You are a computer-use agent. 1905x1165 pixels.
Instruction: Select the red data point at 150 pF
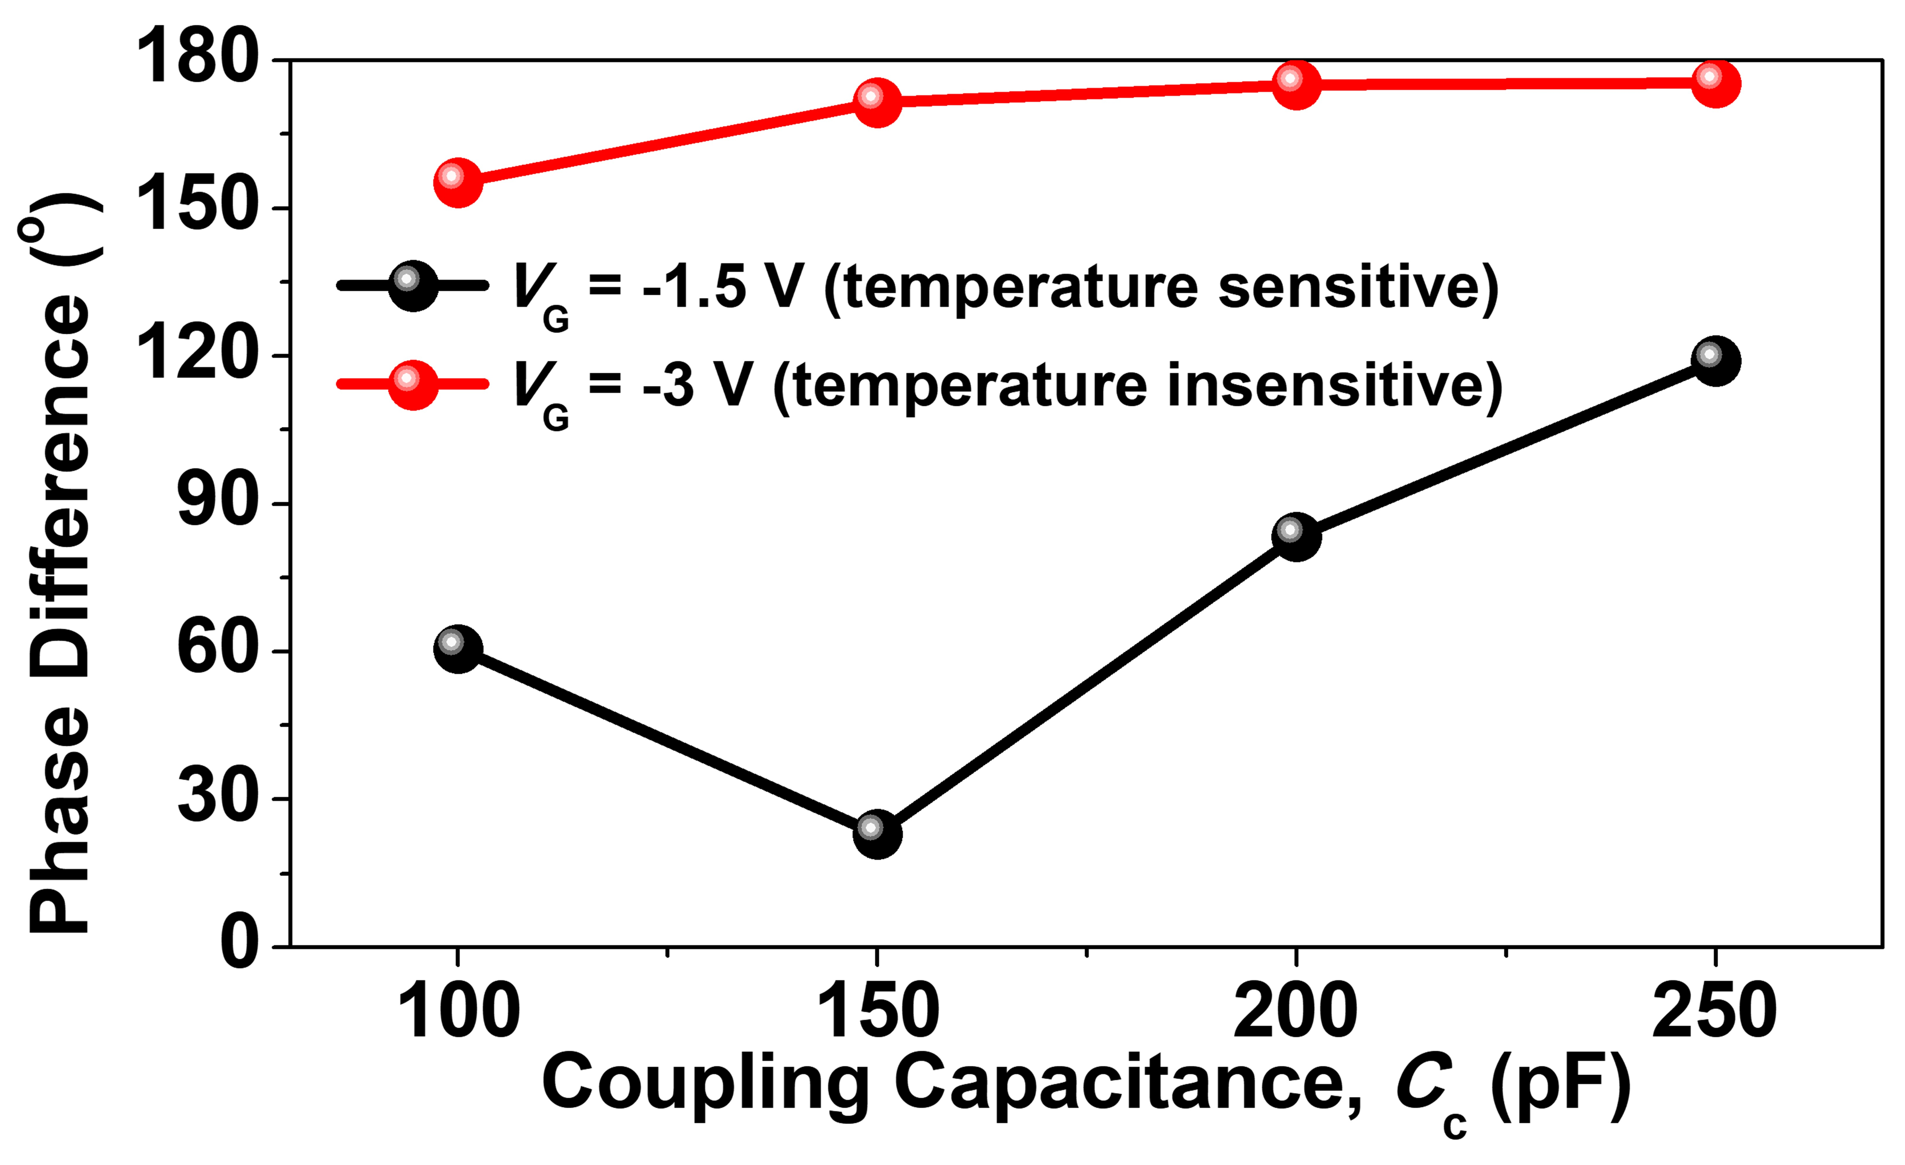(877, 101)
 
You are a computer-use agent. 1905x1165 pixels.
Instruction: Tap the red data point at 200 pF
(1296, 84)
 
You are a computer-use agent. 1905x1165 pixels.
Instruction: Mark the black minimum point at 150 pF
(877, 833)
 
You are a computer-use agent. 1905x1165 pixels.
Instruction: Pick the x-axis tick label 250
(1714, 1011)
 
